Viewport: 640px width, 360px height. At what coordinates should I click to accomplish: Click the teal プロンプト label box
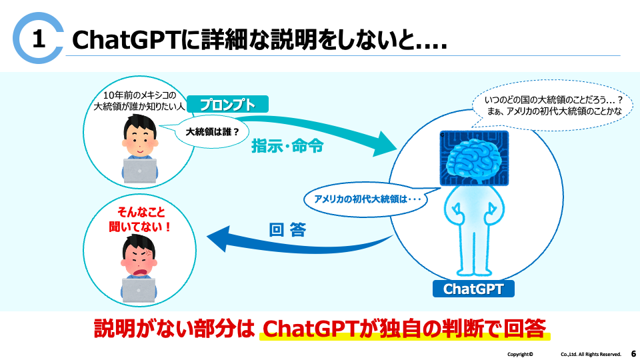[x=227, y=105]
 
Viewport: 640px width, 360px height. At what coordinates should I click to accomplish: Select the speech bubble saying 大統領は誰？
[x=213, y=131]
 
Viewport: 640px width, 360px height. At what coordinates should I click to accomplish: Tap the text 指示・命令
[x=287, y=146]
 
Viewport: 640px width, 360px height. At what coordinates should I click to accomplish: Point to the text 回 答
[x=287, y=231]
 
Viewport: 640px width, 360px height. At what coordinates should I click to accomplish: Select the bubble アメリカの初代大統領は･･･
[x=364, y=198]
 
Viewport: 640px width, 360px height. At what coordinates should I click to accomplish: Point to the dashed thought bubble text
[x=553, y=106]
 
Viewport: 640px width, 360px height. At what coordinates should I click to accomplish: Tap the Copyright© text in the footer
[x=520, y=354]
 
